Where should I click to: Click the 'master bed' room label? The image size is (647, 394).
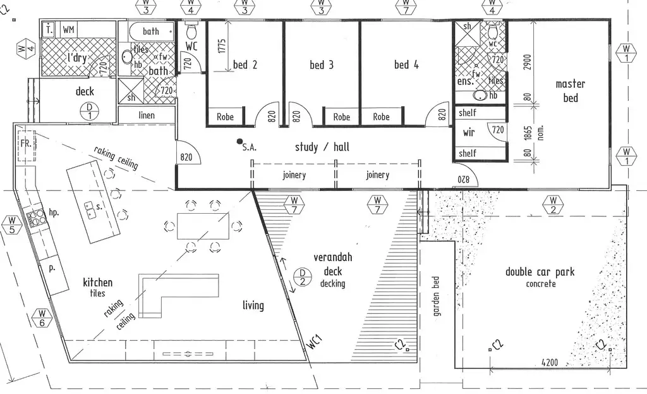(x=570, y=90)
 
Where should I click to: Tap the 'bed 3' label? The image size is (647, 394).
(x=321, y=65)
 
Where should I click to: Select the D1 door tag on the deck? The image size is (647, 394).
(x=88, y=111)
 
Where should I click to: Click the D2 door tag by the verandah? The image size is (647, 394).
(x=302, y=279)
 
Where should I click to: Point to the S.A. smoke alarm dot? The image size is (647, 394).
(x=239, y=141)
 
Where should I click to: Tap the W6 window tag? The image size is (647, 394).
(x=42, y=318)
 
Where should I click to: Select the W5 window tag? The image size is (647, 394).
(x=11, y=225)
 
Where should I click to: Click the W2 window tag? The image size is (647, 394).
(x=553, y=206)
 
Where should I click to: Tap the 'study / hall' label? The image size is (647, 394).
(x=322, y=147)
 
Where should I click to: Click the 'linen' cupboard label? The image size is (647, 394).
(x=146, y=116)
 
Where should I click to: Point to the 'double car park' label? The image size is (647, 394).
(x=540, y=273)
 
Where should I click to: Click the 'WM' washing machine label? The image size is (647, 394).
(x=69, y=30)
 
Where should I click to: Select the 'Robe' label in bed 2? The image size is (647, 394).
(x=225, y=117)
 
